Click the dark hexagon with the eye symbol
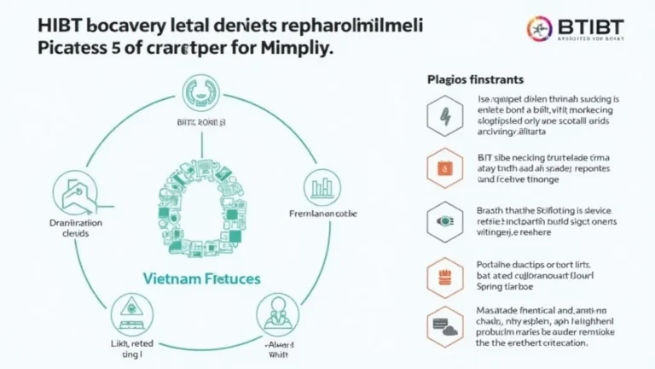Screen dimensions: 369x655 point(447,219)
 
